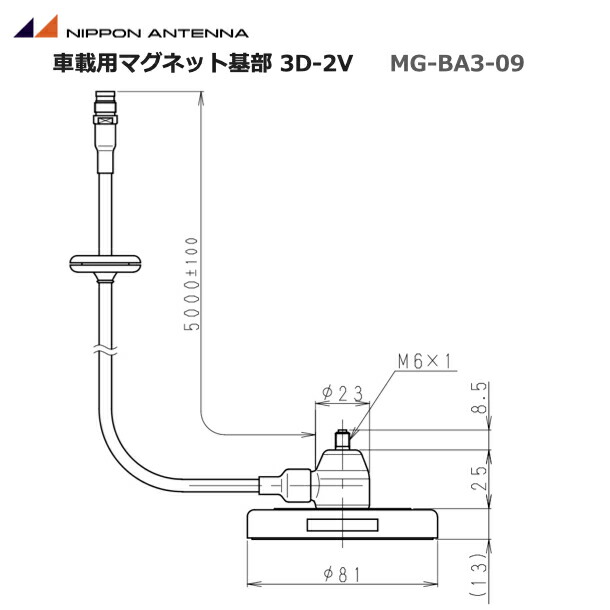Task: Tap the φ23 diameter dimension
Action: [x=341, y=394]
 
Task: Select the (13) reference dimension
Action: [x=481, y=569]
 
